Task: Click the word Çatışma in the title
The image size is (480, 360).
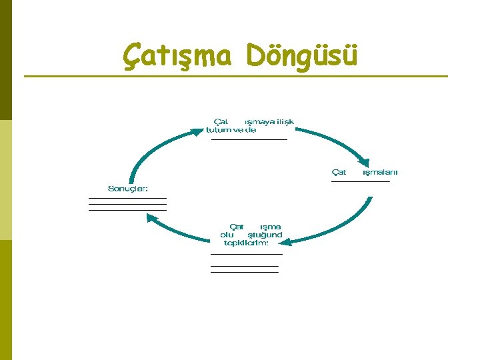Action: pos(177,55)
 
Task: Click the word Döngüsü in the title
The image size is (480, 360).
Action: pos(301,55)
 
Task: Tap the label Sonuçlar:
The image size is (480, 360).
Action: pos(128,189)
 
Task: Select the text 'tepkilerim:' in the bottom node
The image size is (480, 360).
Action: pos(246,243)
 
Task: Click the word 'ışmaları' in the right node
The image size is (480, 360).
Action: pos(379,172)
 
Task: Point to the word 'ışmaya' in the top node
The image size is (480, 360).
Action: pos(259,122)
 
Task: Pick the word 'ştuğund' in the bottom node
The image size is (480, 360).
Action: pos(265,235)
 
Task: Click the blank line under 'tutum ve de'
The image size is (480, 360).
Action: pos(249,139)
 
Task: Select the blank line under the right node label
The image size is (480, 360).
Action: pos(360,181)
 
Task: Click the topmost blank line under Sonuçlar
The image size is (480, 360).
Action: pos(127,198)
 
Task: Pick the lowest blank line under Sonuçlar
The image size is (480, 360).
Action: pos(127,210)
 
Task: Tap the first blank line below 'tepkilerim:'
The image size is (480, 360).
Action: pos(246,254)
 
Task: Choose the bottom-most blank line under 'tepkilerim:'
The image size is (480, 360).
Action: pos(244,272)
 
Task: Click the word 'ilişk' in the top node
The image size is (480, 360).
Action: pos(285,122)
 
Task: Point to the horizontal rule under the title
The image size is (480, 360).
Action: pos(236,76)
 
